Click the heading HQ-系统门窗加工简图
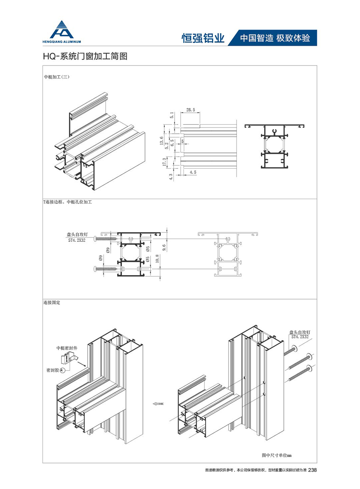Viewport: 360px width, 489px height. pos(85,56)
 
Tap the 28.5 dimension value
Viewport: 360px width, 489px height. pos(190,110)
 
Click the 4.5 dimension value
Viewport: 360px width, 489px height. pos(192,171)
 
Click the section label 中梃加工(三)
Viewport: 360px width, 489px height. pos(57,77)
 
